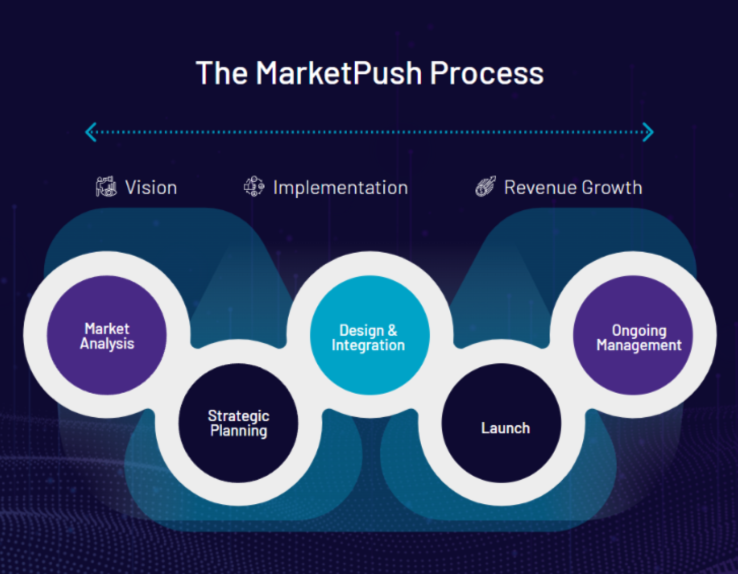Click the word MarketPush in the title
339,73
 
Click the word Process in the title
486,73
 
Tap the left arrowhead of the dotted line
91,132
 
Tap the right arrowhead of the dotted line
648,132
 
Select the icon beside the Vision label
106,186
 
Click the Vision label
151,187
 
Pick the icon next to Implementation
254,186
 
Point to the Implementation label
341,188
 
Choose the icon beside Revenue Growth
486,186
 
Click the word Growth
612,187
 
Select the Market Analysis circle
107,335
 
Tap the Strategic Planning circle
238,423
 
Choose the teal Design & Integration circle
370,335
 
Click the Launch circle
501,423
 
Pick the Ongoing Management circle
633,335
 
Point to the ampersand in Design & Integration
392,331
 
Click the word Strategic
238,416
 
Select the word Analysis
107,344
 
